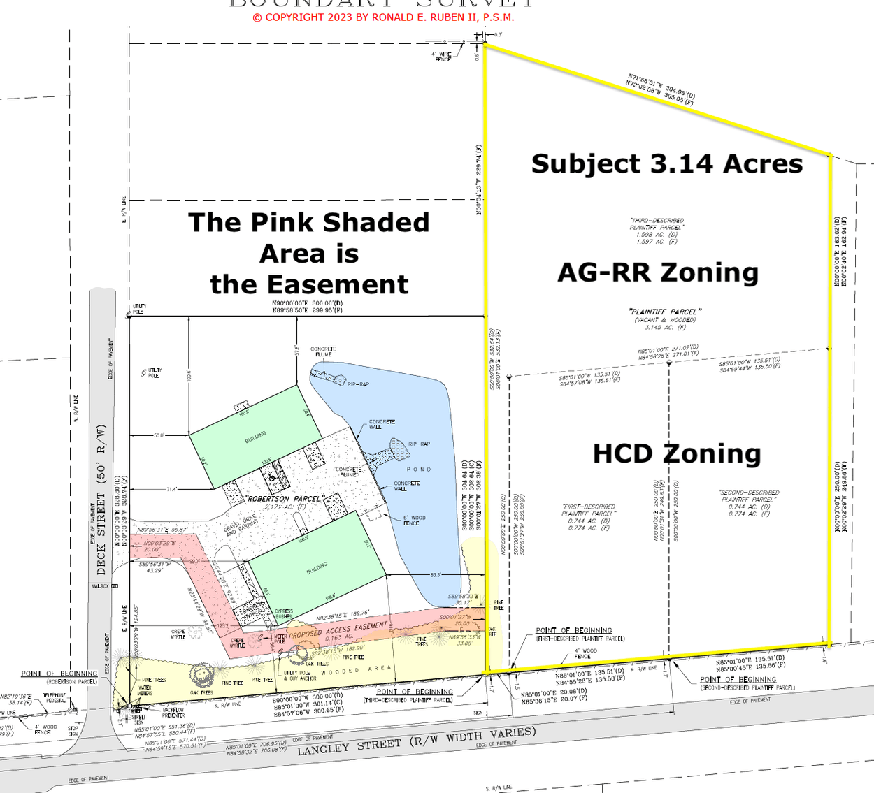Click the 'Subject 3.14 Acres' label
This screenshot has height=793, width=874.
click(x=667, y=163)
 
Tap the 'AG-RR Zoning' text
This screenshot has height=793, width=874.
click(x=658, y=272)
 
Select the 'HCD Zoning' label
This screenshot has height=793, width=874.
click(x=676, y=453)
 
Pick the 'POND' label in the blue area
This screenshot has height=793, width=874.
click(x=419, y=470)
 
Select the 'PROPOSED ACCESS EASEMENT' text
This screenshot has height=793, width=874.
click(x=338, y=630)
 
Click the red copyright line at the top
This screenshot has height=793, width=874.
click(x=383, y=17)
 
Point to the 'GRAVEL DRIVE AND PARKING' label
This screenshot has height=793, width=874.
click(x=241, y=526)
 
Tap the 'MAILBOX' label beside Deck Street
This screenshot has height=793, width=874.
click(x=101, y=586)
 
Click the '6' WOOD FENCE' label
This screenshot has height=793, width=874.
click(x=415, y=520)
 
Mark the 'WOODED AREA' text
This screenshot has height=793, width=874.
click(x=359, y=670)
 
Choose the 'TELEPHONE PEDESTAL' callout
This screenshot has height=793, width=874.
click(x=55, y=698)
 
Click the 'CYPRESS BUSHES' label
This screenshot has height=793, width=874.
click(x=283, y=614)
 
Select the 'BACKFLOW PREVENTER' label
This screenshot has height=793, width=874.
click(x=173, y=713)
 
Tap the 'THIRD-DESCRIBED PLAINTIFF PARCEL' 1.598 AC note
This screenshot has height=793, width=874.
click(x=657, y=231)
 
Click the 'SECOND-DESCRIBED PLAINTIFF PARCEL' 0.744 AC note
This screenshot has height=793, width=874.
click(x=749, y=503)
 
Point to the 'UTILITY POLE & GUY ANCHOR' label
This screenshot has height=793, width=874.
click(x=300, y=676)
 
